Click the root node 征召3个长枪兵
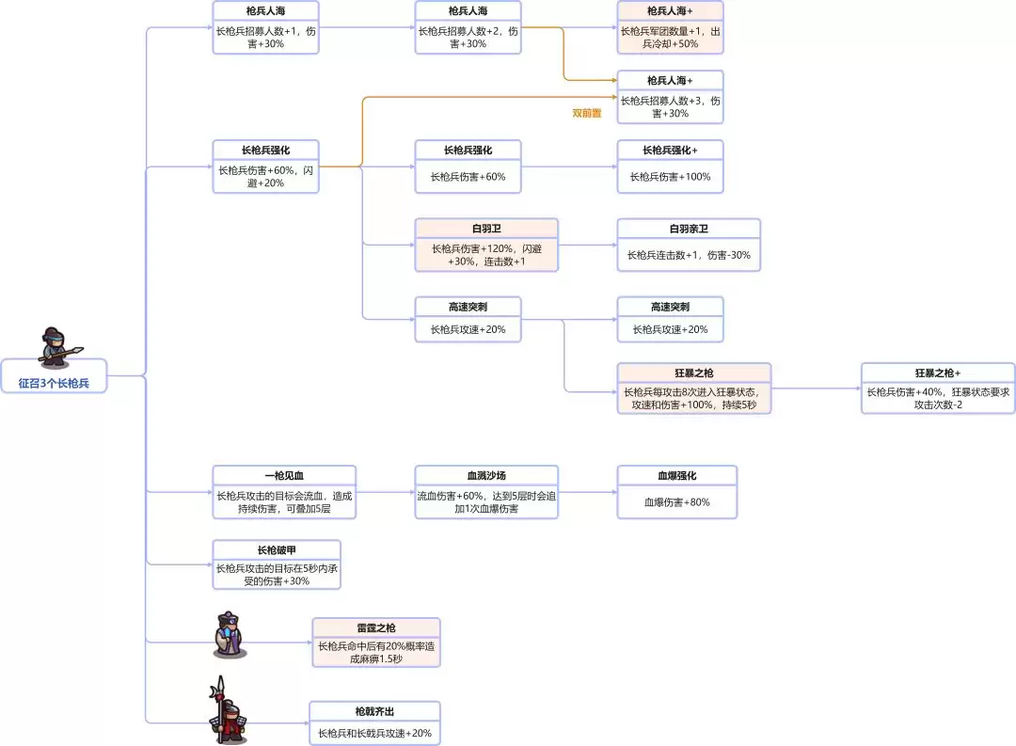55,383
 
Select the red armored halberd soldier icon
226,712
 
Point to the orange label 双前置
587,113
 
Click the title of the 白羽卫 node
486,229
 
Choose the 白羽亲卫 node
688,246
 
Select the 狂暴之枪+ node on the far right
937,388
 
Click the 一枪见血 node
284,492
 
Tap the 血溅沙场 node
486,492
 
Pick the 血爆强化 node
676,492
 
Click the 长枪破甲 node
277,564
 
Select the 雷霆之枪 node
375,643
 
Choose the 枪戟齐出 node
374,723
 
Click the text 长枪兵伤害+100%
670,177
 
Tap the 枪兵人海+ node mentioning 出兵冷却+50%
670,27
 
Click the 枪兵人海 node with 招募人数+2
468,27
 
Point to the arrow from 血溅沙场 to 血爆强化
587,492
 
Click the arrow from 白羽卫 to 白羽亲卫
587,246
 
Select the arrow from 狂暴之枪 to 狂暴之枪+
815,388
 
